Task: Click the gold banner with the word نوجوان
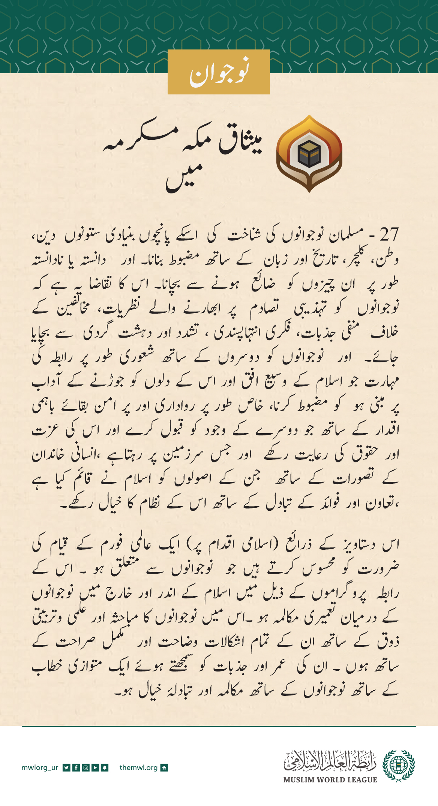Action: tap(219, 72)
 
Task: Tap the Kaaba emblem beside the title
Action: tap(309, 154)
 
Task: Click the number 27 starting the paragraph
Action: tap(389, 235)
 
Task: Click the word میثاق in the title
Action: tap(240, 144)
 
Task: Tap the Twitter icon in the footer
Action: tap(66, 768)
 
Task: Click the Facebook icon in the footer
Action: tap(76, 768)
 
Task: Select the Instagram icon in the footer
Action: tap(85, 768)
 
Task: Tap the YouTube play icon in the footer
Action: tap(95, 768)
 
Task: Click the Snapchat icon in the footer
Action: tap(105, 768)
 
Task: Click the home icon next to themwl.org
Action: tap(164, 768)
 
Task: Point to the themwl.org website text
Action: tap(138, 768)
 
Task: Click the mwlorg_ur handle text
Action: tap(40, 768)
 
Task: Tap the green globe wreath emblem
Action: tap(399, 766)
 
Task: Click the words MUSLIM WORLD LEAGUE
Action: tap(330, 780)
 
